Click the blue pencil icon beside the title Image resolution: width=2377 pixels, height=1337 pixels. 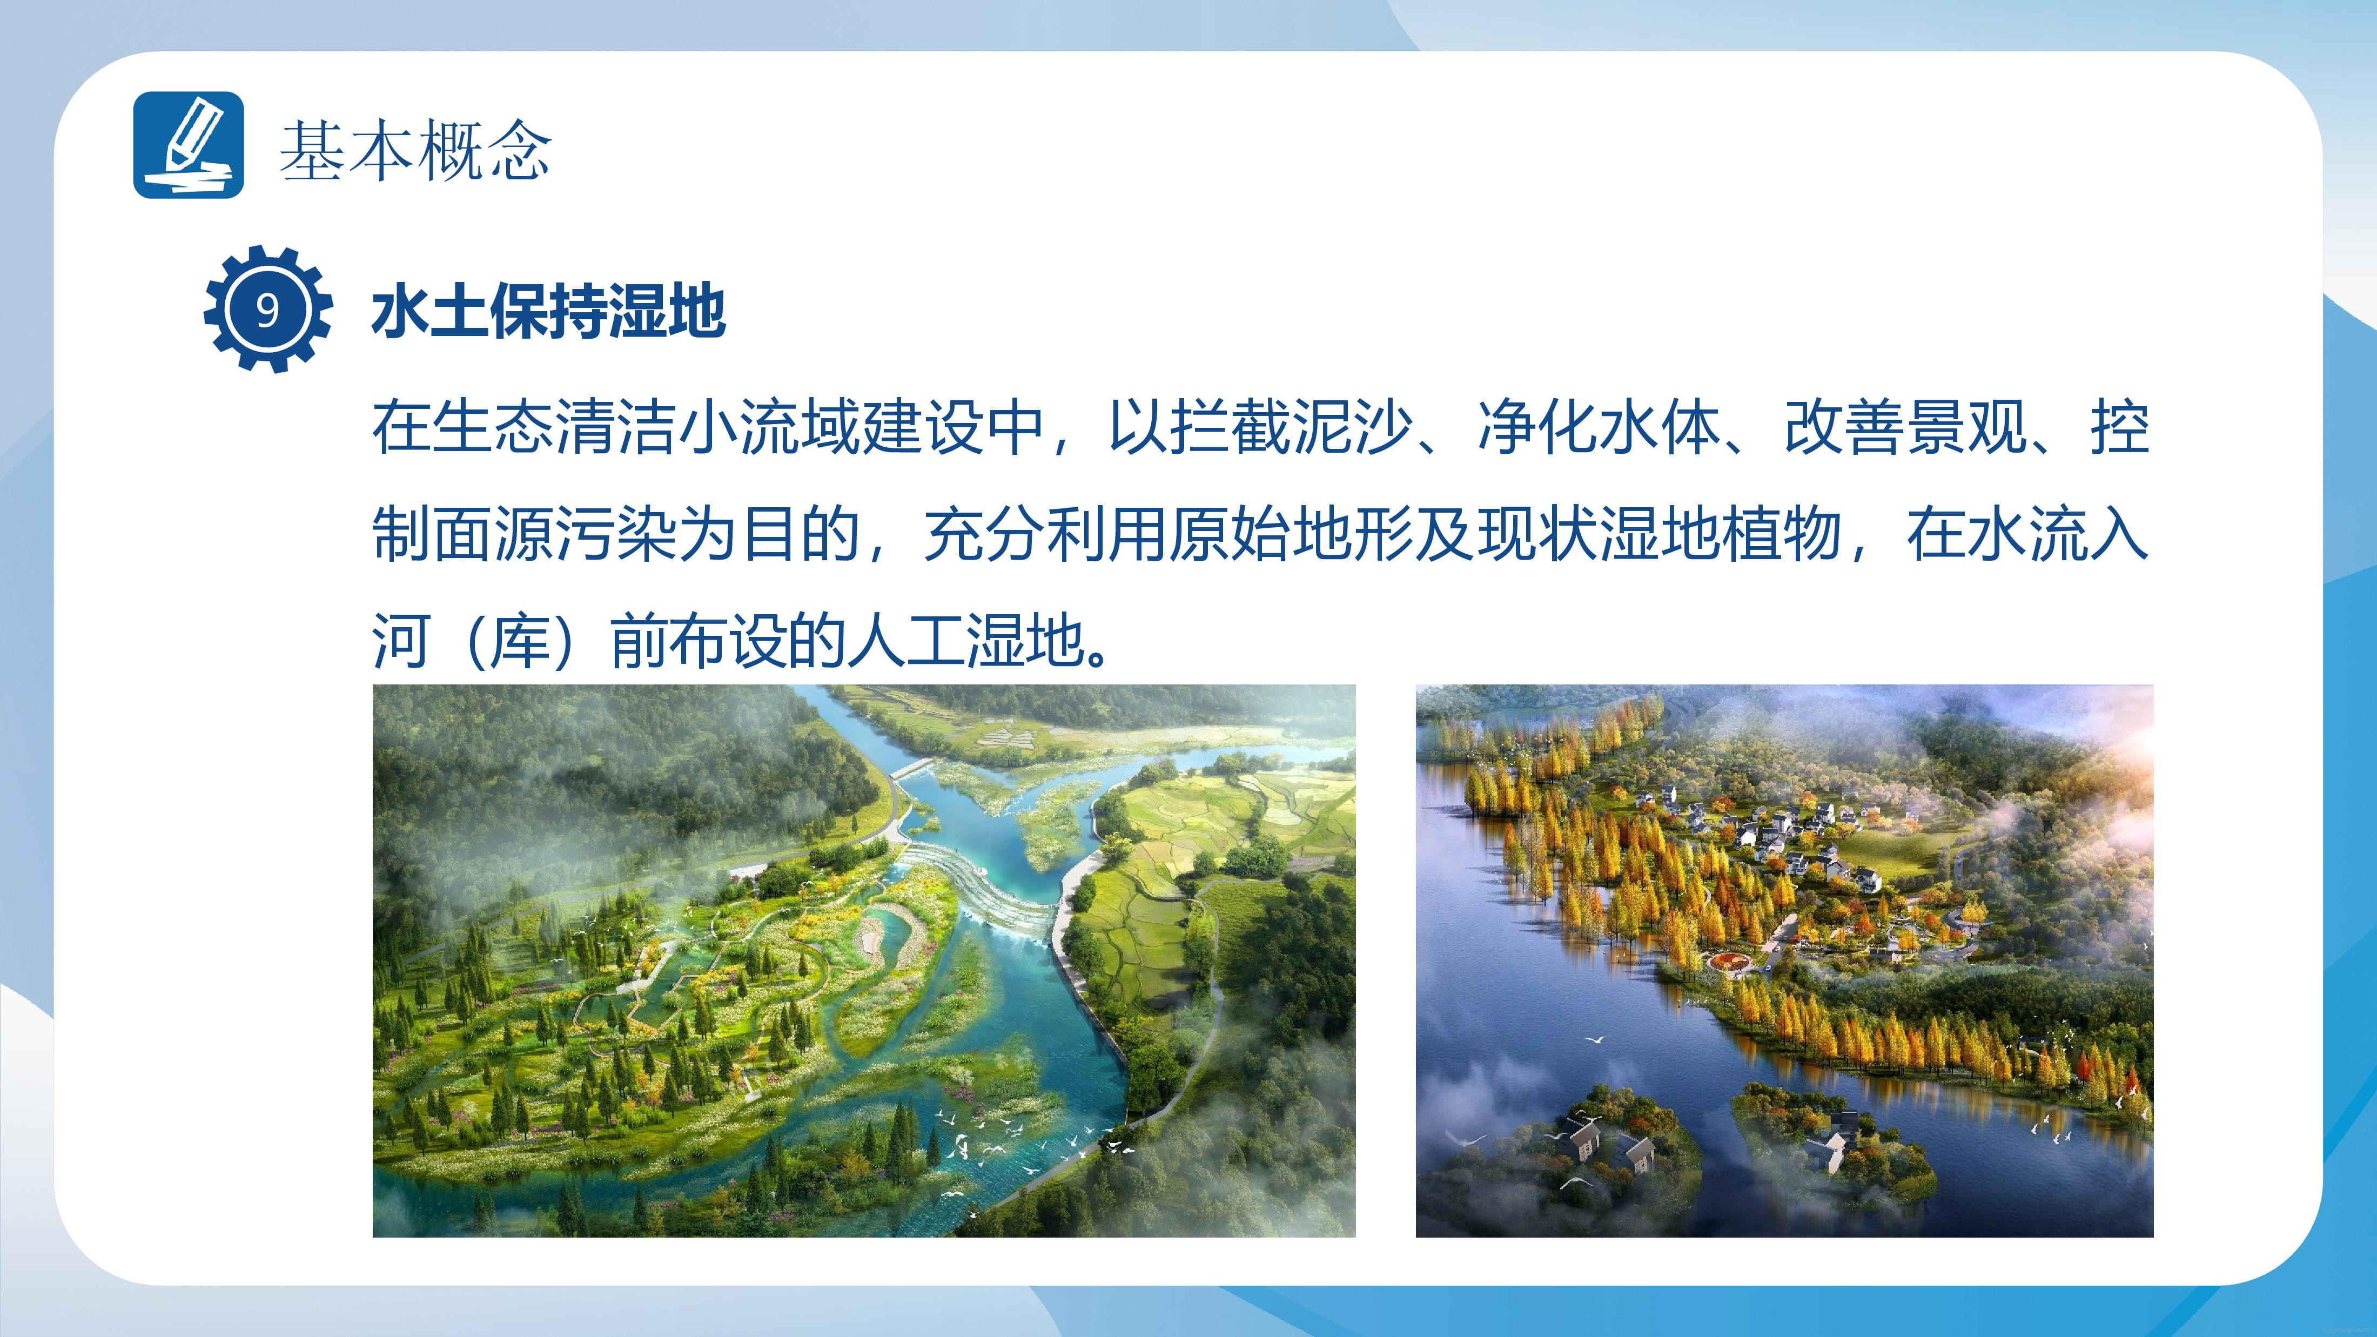(188, 145)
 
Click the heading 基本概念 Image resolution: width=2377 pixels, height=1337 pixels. (415, 150)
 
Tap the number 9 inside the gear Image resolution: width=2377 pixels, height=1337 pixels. (267, 310)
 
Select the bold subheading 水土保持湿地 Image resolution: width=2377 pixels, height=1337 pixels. (549, 312)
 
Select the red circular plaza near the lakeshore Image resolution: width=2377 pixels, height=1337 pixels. (1734, 963)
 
